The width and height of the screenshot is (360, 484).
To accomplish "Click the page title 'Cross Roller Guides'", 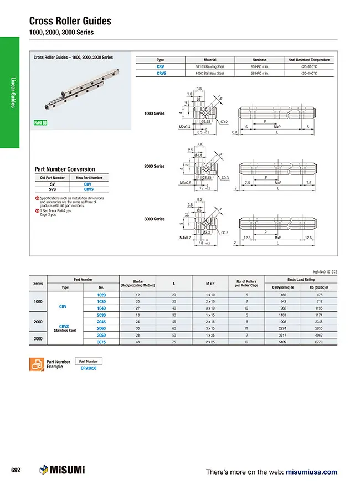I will (x=70, y=21).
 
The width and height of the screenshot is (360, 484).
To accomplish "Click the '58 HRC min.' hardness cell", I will (x=260, y=73).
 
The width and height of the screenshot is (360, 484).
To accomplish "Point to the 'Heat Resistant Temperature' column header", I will (x=308, y=60).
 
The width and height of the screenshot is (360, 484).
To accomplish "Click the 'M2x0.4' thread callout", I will (x=184, y=127).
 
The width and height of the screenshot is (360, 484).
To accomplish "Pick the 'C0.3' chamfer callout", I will (x=225, y=178).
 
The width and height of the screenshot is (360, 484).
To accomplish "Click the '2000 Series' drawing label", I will (x=155, y=166).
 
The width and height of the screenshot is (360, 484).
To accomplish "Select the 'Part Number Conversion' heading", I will (x=65, y=169).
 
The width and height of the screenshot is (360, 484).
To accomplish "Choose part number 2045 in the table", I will (x=101, y=321).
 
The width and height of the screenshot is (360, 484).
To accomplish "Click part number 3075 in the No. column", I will (x=101, y=342).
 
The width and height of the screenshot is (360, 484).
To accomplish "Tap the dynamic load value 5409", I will (x=283, y=342).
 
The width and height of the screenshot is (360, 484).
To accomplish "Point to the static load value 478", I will (x=319, y=295).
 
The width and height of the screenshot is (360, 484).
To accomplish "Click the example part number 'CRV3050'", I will (x=89, y=368).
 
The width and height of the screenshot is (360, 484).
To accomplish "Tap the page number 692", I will (x=16, y=471).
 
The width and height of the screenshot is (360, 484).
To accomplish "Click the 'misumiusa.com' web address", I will (x=311, y=472).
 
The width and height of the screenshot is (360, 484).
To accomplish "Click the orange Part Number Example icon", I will (x=36, y=364).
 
